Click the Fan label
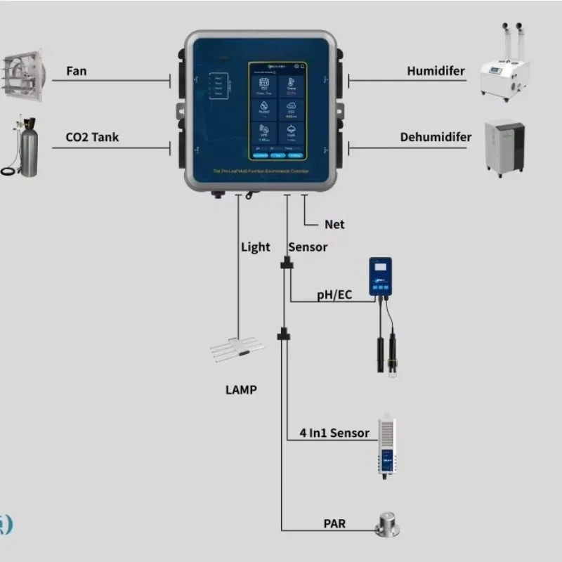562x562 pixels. click(x=76, y=71)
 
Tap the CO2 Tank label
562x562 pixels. click(x=92, y=137)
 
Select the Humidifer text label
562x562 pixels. click(x=436, y=71)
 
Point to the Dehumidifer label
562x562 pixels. click(x=436, y=137)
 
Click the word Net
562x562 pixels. click(x=334, y=225)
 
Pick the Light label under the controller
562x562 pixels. click(x=255, y=247)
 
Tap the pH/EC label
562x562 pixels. click(x=334, y=294)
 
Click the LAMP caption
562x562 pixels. click(x=241, y=390)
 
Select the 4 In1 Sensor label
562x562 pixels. click(x=334, y=433)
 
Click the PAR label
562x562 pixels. click(x=334, y=523)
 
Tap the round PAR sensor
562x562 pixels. click(x=388, y=524)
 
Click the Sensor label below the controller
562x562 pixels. click(x=308, y=247)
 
